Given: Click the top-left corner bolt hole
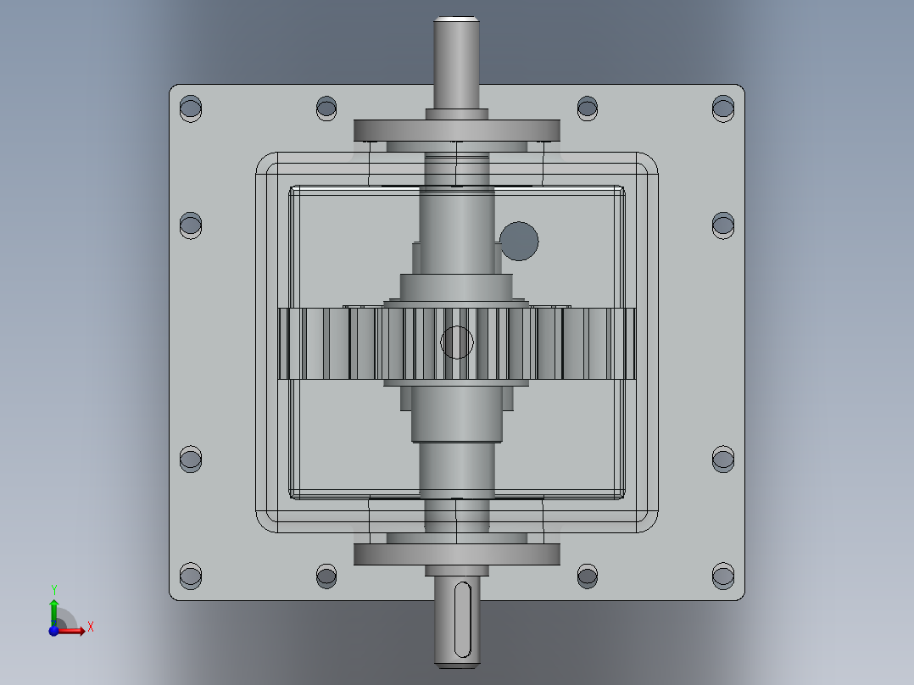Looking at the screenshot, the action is (x=191, y=109).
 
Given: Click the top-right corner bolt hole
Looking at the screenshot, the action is (x=722, y=109).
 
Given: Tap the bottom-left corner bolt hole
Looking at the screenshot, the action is (x=191, y=576).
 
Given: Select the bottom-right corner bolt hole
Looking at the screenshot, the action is (x=722, y=576).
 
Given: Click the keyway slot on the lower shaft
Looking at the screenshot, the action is (x=462, y=619).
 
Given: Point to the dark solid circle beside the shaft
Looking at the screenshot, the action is (x=519, y=241).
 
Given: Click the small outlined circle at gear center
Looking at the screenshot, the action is (x=456, y=342).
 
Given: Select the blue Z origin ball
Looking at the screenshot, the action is (x=53, y=630).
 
